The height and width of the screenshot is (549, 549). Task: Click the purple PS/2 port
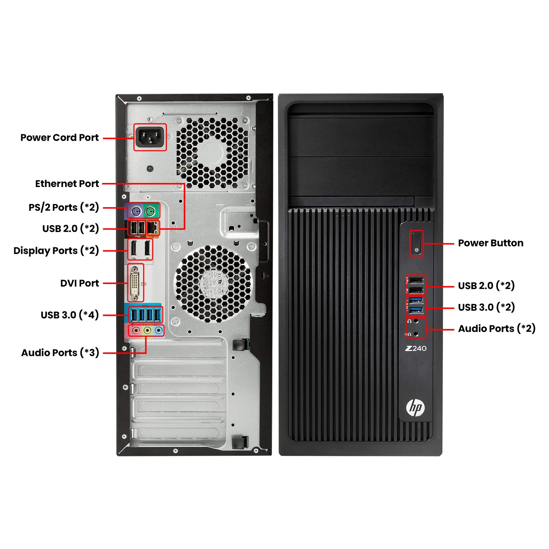coord(135,211)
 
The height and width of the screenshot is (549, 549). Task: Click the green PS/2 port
coord(150,211)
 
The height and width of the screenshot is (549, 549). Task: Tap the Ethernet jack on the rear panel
coord(153,228)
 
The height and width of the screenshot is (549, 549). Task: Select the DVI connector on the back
coord(135,283)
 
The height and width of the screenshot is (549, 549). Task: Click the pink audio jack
coord(136,330)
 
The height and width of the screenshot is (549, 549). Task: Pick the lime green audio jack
coord(147,330)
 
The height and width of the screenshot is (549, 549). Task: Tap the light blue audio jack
coord(158,330)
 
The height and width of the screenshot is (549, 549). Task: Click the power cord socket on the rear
coord(150,137)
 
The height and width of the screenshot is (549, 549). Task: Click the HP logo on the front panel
coord(415,407)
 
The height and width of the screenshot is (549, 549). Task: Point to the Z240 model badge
coord(416,348)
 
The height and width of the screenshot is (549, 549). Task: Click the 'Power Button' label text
coord(490,243)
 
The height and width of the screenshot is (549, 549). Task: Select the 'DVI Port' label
coord(79,283)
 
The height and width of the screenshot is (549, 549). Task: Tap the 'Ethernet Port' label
coord(67,184)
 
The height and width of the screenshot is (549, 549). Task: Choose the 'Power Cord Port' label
coord(59,138)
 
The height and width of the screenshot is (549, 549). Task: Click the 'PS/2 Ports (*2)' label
coord(64,208)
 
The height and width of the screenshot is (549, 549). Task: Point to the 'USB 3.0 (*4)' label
coord(70,315)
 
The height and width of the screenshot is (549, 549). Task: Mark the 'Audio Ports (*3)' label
coord(60,353)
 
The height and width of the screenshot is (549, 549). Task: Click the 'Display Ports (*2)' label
coord(56,251)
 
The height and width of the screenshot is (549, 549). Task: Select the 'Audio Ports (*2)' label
coord(497,329)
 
